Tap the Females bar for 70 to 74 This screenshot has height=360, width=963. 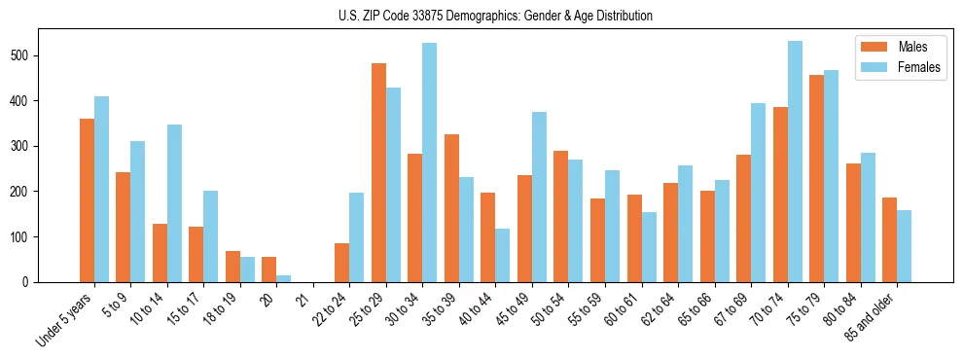pyautogui.click(x=795, y=162)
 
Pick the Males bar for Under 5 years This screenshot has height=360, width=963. pyautogui.click(x=87, y=200)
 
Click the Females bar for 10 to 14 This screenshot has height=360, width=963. pyautogui.click(x=174, y=203)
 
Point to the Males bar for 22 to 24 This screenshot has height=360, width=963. pyautogui.click(x=342, y=263)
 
